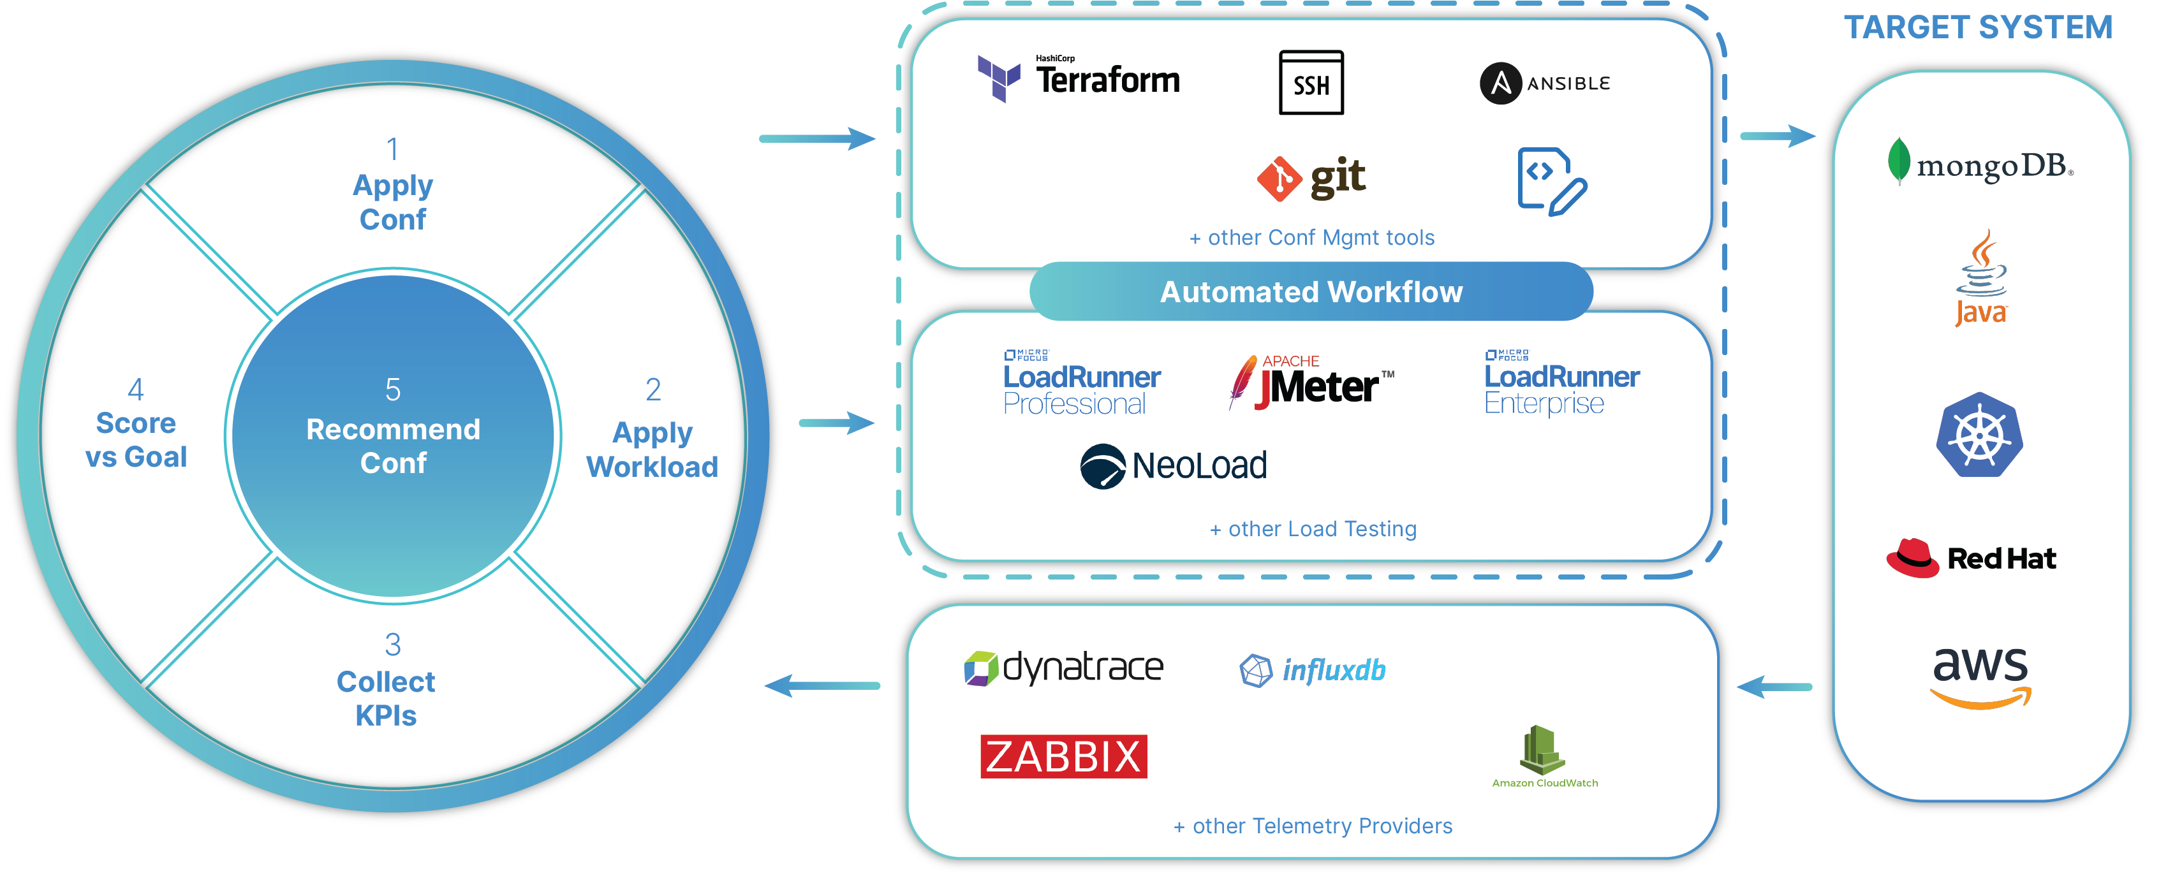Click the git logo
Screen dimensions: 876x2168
coord(1311,177)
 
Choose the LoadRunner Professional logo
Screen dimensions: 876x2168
coord(1082,383)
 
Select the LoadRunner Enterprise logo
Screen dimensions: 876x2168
coord(1561,383)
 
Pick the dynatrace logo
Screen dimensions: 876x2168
coord(1063,668)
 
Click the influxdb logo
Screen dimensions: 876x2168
coord(1312,670)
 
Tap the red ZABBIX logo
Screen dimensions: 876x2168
coord(1063,756)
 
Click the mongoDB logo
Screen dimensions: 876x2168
coord(1979,163)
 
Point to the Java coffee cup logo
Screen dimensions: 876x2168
coord(1981,278)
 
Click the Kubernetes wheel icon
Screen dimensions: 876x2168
coord(1979,435)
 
